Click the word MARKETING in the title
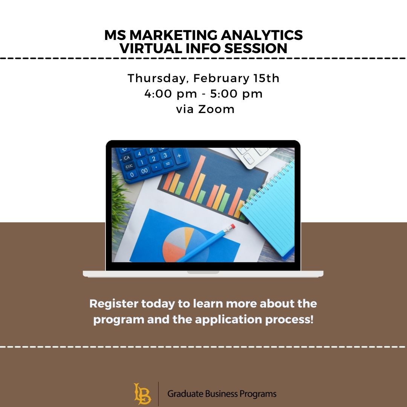coord(173,35)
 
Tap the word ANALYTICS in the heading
coord(262,35)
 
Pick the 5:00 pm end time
coord(236,94)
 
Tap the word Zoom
coord(216,109)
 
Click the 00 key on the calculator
coord(144,171)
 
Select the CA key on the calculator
coord(126,158)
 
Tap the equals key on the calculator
coord(168,164)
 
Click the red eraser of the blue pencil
coord(232,226)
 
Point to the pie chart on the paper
coord(185,245)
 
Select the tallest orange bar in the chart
coord(195,177)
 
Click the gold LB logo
coord(142,393)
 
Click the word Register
coord(114,304)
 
